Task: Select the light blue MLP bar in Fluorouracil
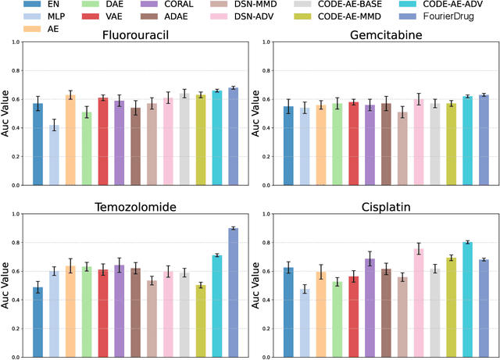point(54,148)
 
